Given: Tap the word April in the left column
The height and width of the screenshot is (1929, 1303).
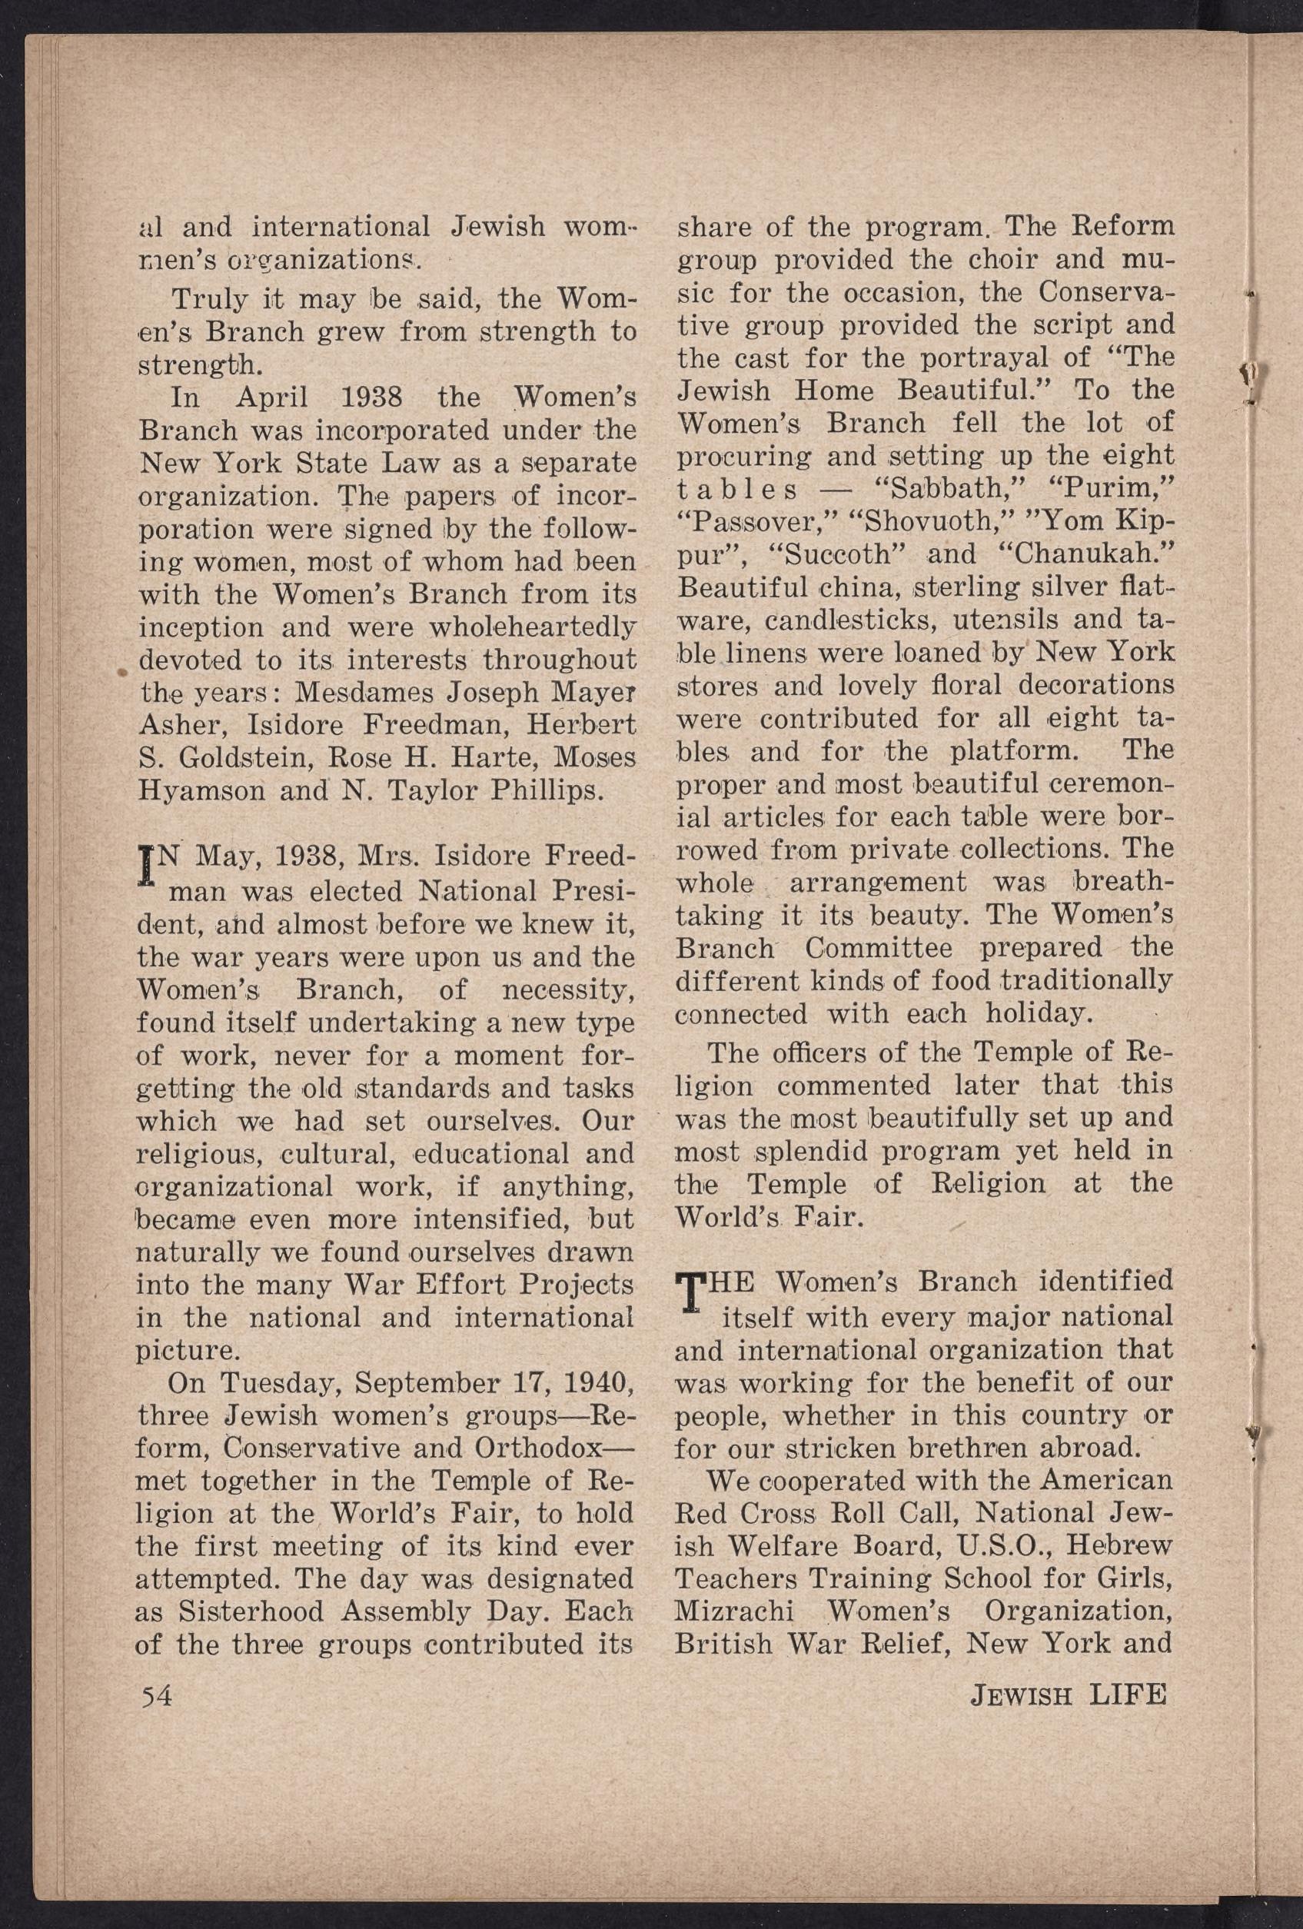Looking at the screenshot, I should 271,397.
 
